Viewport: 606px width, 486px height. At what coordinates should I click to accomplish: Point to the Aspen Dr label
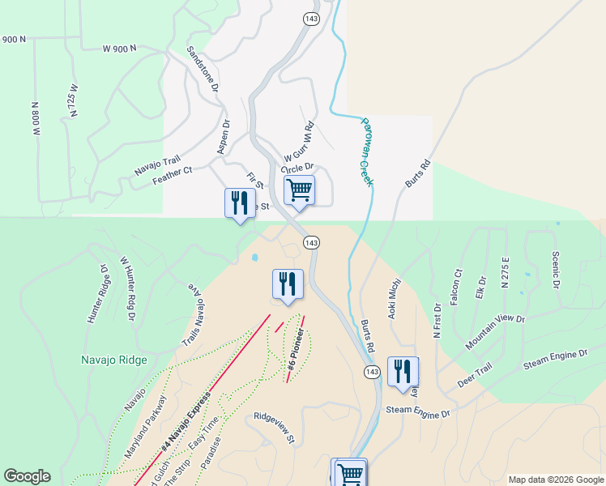[x=224, y=137]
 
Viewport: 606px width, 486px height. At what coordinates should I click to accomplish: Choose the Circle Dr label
[x=297, y=168]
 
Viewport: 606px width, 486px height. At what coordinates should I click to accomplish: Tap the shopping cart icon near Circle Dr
[x=299, y=190]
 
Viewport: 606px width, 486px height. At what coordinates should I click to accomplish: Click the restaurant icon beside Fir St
[x=239, y=202]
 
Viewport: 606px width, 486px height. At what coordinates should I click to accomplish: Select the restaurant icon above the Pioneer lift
[x=288, y=283]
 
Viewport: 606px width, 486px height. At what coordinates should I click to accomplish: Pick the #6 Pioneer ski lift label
[x=296, y=351]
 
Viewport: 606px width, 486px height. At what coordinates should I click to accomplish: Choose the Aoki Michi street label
[x=395, y=299]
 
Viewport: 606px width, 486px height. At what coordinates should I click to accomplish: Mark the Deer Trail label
[x=475, y=374]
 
